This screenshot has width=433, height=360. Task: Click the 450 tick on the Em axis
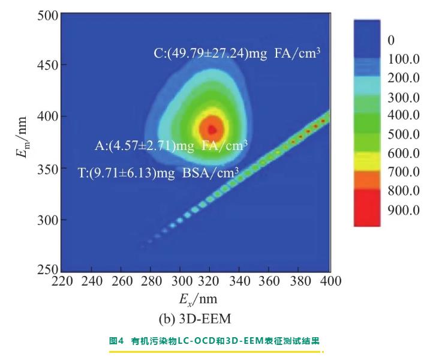point(48,65)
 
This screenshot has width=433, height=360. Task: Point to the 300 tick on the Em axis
point(48,220)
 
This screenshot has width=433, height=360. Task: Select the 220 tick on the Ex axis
point(63,281)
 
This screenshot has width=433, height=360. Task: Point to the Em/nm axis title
point(20,142)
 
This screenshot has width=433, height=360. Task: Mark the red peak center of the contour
point(211,128)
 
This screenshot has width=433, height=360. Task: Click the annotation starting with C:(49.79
point(237,53)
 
